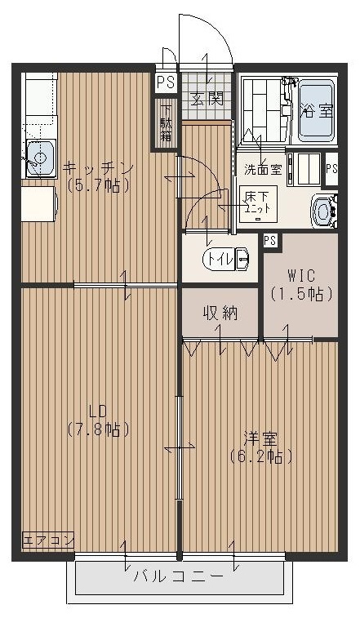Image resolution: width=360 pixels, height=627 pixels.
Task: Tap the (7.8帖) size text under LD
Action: click(x=98, y=428)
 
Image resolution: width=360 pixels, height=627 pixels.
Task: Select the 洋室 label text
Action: click(x=260, y=438)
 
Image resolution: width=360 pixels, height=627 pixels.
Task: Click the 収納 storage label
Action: click(x=220, y=313)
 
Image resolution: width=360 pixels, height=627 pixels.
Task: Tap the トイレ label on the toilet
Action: click(x=219, y=260)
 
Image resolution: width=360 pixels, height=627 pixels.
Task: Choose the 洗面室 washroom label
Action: click(x=263, y=170)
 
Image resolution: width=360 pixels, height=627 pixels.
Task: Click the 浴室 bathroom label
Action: click(x=317, y=110)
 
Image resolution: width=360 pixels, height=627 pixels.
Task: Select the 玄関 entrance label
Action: click(x=207, y=100)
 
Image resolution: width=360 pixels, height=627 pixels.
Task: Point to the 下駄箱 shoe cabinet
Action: click(x=166, y=123)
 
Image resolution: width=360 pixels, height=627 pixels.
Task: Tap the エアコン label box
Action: click(x=48, y=540)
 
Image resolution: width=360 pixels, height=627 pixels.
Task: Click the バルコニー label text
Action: click(x=179, y=576)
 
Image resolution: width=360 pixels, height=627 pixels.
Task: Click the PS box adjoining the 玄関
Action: click(x=166, y=82)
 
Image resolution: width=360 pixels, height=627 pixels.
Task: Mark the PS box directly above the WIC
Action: click(x=269, y=240)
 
